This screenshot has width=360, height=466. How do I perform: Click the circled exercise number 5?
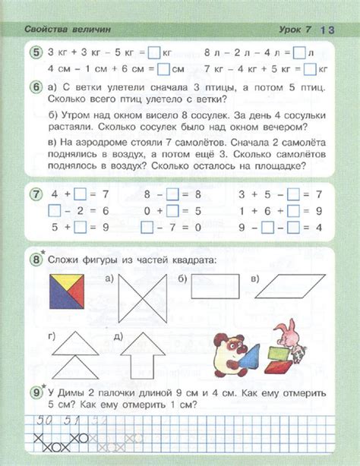click(36, 52)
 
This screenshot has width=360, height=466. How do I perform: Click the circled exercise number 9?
click(36, 393)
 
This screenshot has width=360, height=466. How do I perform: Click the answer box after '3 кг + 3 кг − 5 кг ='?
click(154, 53)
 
